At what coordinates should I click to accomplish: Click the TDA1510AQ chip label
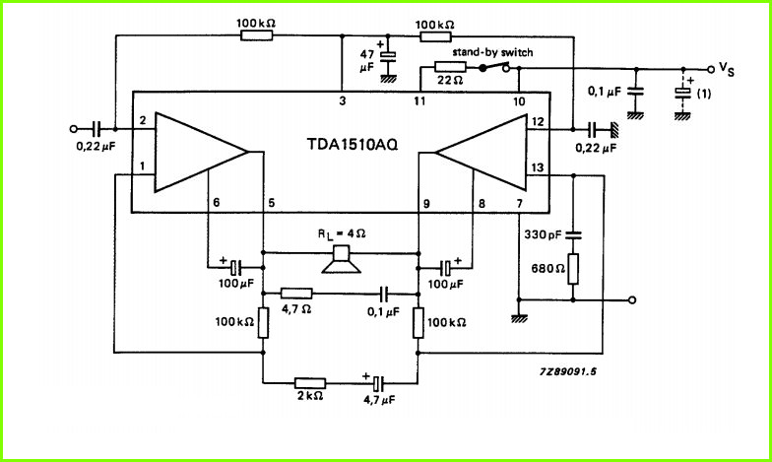coord(353,144)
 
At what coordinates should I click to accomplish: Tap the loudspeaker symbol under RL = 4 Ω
coord(341,260)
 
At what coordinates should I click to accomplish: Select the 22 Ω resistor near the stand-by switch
coord(451,67)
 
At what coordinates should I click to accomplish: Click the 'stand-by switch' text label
coord(492,52)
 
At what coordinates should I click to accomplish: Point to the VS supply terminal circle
coord(711,69)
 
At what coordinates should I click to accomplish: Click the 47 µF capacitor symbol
coord(388,55)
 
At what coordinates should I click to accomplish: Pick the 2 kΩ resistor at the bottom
coord(310,383)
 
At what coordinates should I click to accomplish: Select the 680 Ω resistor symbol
coord(573,269)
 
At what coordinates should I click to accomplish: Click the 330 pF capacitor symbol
coord(573,234)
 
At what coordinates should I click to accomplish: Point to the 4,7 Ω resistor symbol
coord(296,294)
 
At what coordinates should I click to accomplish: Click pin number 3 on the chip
coord(343,100)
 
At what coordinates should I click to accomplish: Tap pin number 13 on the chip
coord(538,167)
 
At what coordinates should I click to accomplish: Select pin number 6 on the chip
coord(217,202)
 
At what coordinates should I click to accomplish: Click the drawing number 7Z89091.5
coord(567,370)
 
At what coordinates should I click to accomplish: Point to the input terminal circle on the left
coord(74,129)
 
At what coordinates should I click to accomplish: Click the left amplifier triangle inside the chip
coord(201,152)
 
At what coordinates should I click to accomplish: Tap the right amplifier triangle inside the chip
coord(481,152)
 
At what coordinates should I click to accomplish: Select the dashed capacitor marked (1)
coord(682,93)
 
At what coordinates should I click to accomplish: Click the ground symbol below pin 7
coord(519,318)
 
